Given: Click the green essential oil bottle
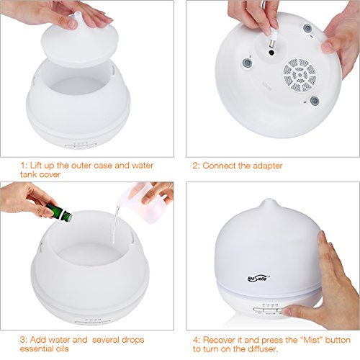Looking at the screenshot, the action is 59,212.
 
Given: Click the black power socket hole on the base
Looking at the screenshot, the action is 271,53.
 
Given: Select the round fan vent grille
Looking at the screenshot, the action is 300,75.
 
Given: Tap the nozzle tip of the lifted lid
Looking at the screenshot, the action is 76,14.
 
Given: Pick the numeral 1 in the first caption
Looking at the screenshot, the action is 22,166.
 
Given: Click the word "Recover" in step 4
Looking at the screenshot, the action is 219,340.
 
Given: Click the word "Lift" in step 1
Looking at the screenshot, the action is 37,166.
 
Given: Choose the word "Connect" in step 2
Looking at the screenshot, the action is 220,166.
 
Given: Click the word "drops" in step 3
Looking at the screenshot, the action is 132,340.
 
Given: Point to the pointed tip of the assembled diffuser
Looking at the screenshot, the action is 269,199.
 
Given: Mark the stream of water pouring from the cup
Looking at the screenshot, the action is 116,223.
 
